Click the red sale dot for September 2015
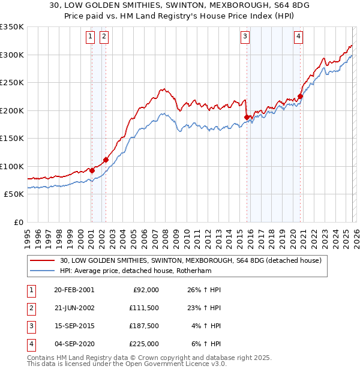click(x=247, y=117)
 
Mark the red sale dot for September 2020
click(x=300, y=96)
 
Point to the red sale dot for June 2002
click(x=106, y=160)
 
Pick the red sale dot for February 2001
click(x=92, y=170)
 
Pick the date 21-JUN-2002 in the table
click(x=74, y=307)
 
